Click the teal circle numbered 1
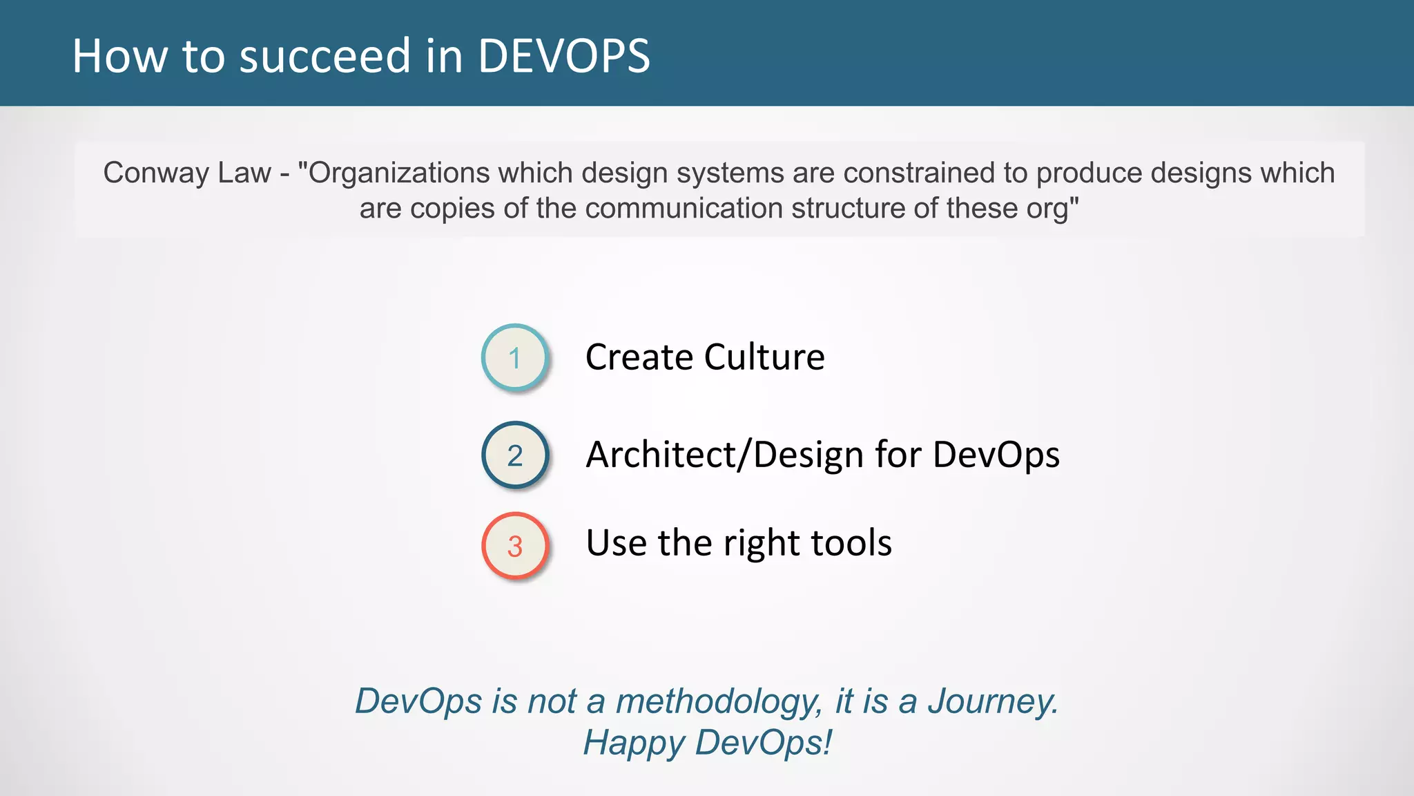(514, 358)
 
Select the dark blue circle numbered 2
(514, 455)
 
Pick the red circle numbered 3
(514, 546)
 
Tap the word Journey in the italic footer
(991, 702)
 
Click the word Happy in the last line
(634, 743)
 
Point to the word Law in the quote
(244, 173)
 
